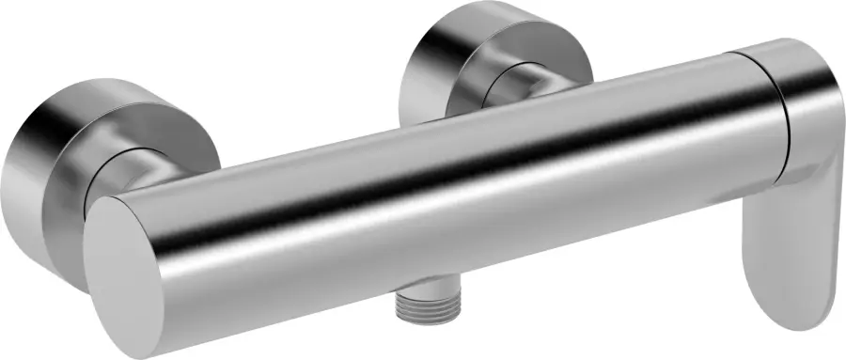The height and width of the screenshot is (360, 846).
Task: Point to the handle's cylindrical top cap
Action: pos(799,103)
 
